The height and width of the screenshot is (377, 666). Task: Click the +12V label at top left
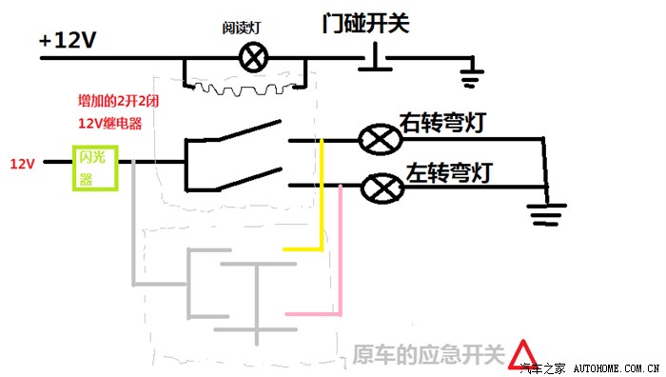pos(69,41)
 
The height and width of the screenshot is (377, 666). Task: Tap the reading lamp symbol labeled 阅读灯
pos(253,59)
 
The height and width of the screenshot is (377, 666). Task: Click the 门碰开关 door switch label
pos(365,22)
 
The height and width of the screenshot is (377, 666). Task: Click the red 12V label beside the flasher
pos(23,164)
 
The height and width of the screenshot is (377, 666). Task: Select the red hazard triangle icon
pos(521,355)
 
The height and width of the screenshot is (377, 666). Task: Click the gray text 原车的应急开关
pos(427,355)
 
